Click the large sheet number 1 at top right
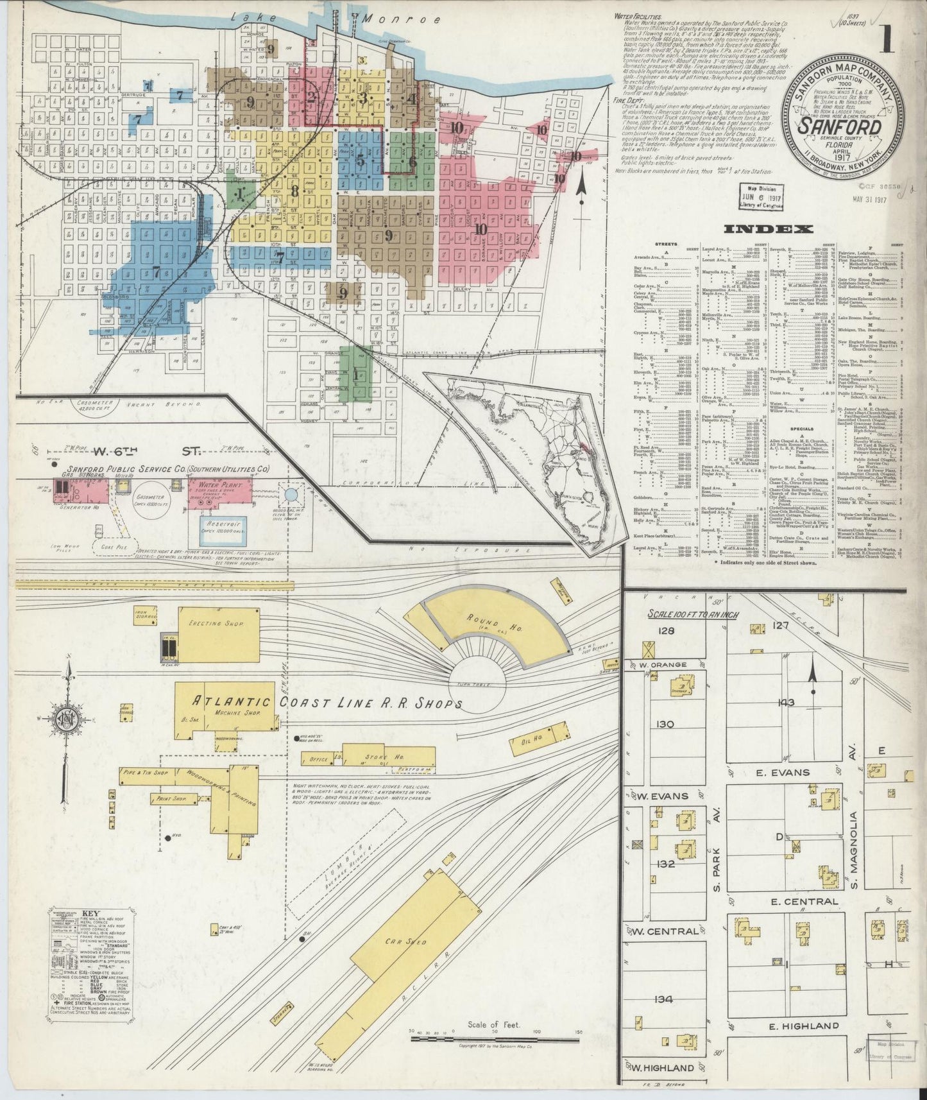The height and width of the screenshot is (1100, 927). tap(888, 39)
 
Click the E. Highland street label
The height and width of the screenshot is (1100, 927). tap(804, 1026)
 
